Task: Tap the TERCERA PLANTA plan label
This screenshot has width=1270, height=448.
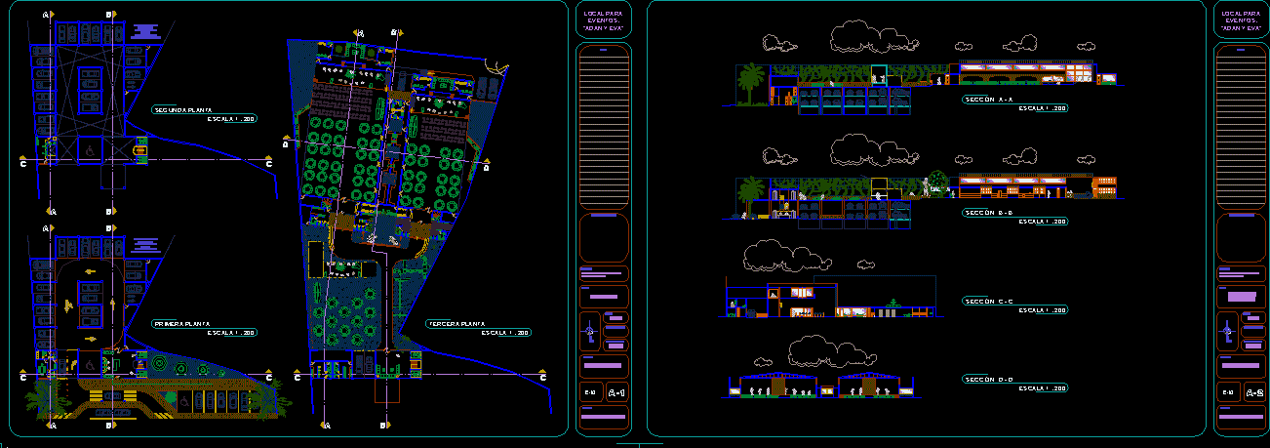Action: point(456,323)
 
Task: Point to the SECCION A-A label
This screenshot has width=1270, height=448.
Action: point(988,100)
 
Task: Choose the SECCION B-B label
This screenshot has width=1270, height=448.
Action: point(988,212)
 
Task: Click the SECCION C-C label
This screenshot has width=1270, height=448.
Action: point(988,301)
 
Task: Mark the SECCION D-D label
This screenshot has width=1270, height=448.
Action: point(988,379)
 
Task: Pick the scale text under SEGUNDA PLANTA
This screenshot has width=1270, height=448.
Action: point(231,119)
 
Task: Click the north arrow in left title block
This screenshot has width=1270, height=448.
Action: point(589,332)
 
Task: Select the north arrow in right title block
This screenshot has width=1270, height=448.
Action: point(1227,332)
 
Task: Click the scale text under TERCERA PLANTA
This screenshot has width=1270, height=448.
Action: point(505,333)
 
